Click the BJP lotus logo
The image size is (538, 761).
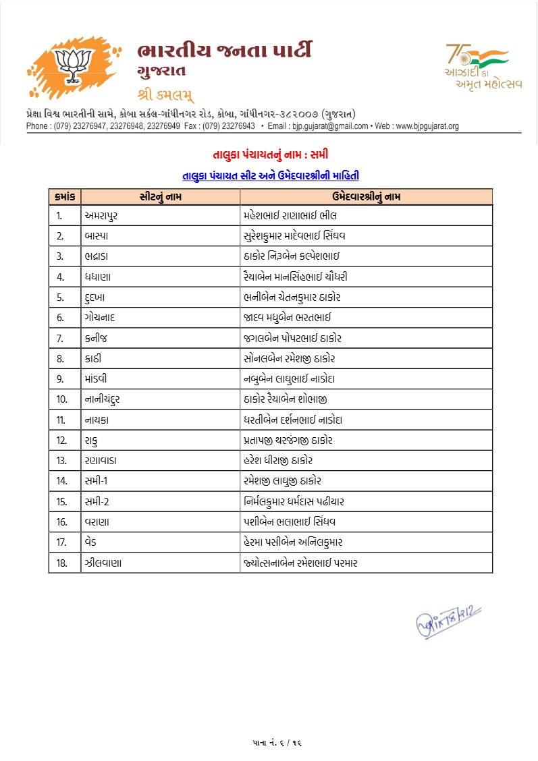(70, 66)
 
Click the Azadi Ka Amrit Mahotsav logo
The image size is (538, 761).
(476, 66)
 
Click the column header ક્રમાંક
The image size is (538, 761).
(65, 196)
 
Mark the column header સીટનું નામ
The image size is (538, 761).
(161, 196)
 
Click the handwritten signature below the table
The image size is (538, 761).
(447, 617)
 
